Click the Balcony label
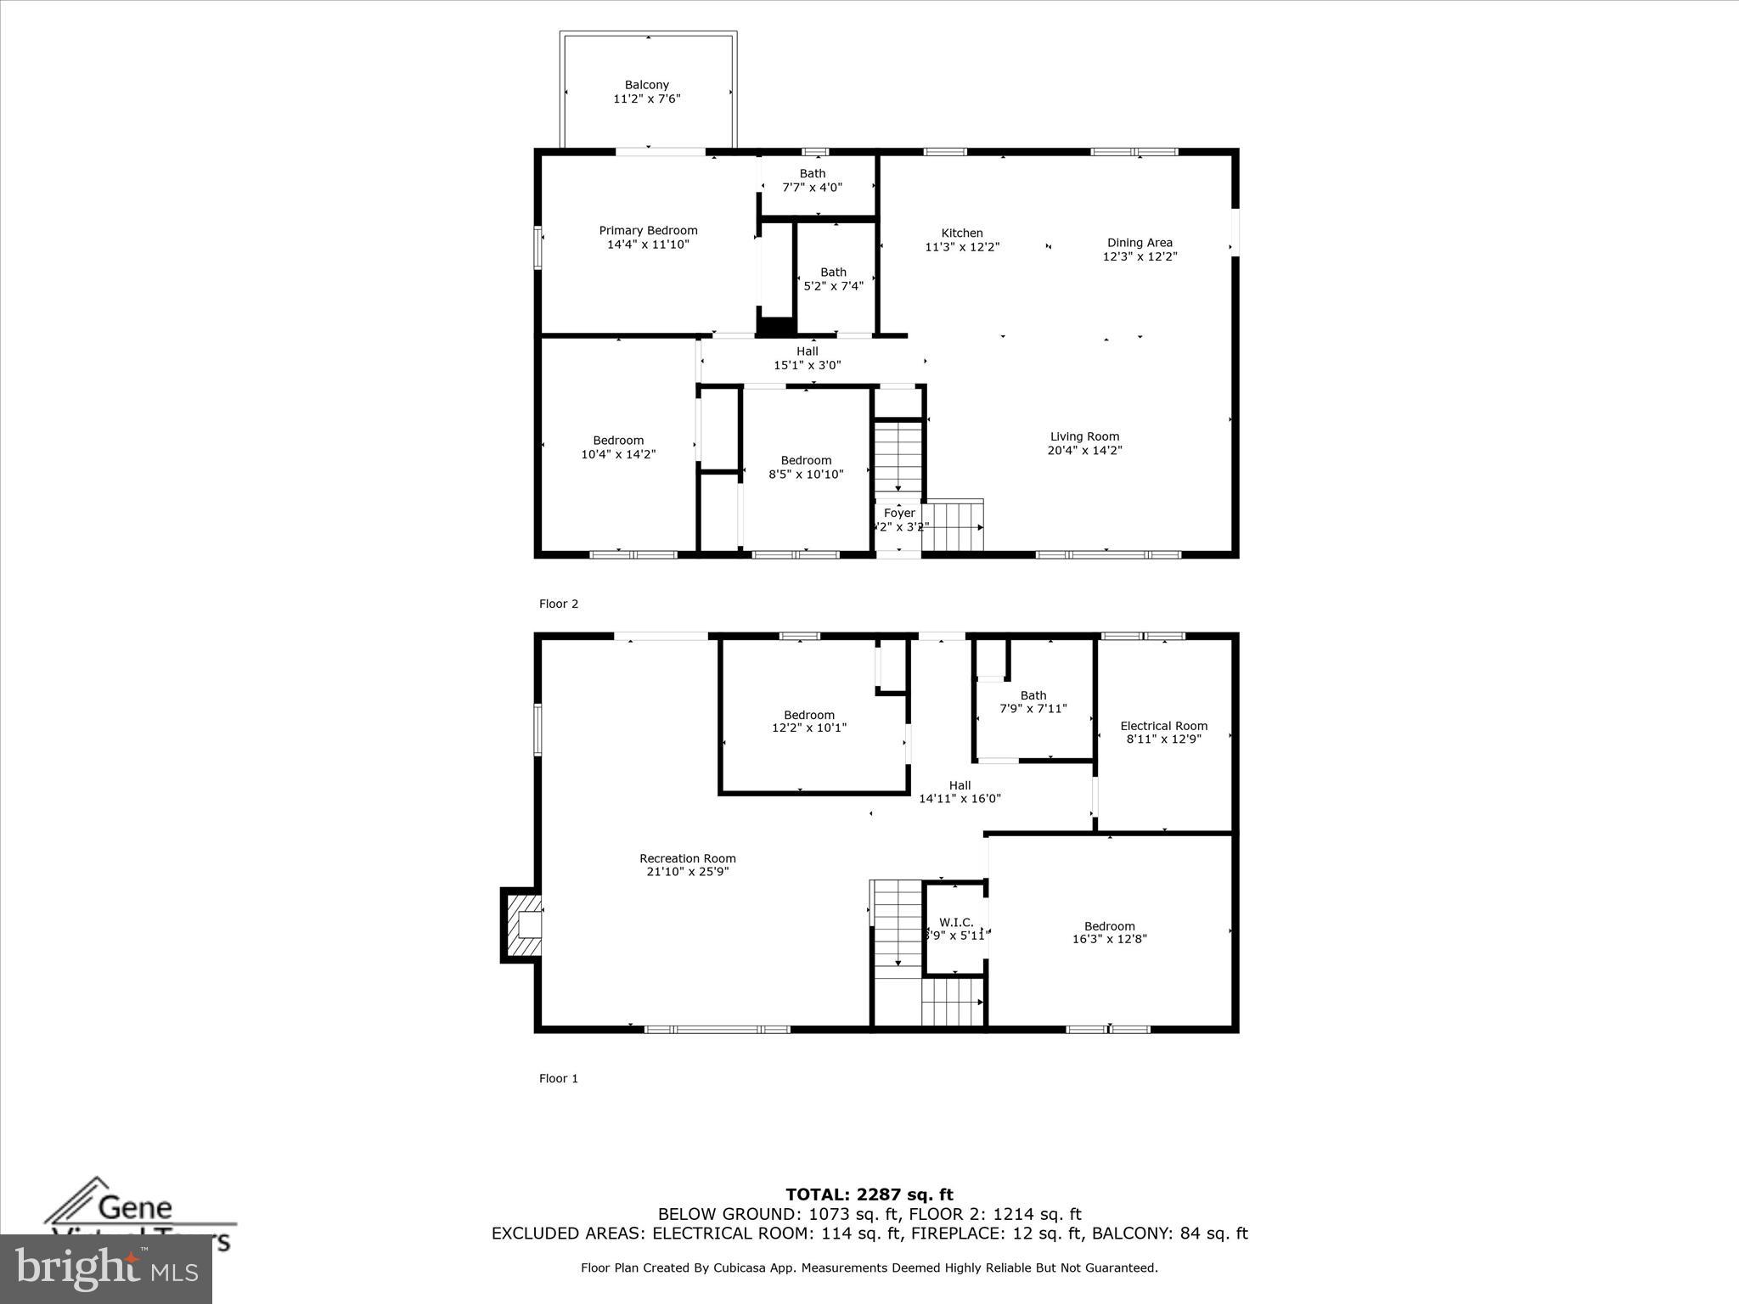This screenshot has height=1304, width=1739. click(x=647, y=85)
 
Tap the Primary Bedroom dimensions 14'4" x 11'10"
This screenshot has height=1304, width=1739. click(x=648, y=244)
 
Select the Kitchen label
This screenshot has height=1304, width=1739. click(x=962, y=233)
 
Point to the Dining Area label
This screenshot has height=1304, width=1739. click(x=1140, y=243)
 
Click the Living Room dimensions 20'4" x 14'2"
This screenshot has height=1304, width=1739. click(x=1084, y=451)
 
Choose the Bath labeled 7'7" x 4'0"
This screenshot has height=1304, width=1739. click(x=813, y=180)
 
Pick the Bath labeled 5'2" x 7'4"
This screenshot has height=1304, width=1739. click(x=833, y=278)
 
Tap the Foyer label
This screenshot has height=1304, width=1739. click(x=899, y=513)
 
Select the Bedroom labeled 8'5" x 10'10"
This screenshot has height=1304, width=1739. click(x=806, y=467)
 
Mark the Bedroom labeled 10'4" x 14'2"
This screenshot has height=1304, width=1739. click(x=618, y=447)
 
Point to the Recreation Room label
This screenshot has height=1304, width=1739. click(x=688, y=858)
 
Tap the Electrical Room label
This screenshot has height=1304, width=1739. click(x=1163, y=726)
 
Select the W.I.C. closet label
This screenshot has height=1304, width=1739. click(x=956, y=922)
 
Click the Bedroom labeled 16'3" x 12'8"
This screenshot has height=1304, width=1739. click(x=1109, y=932)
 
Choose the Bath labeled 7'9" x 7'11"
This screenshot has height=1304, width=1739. click(x=1033, y=701)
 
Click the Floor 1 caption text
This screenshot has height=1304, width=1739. click(x=559, y=1078)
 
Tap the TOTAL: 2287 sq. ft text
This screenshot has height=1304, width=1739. click(x=869, y=1195)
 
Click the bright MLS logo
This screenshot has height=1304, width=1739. click(x=106, y=1268)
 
